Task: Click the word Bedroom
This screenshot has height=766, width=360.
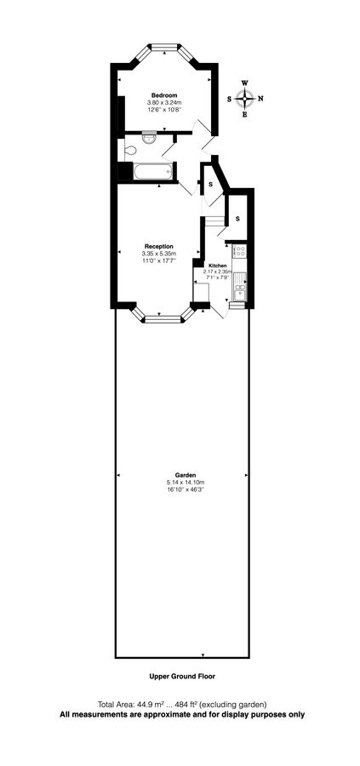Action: (164, 94)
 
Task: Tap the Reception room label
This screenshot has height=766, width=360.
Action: (159, 246)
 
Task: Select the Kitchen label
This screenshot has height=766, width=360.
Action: (217, 266)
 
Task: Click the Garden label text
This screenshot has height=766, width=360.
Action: (186, 474)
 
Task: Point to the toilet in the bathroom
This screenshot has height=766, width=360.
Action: (129, 151)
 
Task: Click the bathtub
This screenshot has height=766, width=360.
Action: (153, 170)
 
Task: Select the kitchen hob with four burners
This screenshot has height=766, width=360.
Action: (239, 250)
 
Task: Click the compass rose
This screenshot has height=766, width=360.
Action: (244, 98)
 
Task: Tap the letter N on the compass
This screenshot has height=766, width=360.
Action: (260, 98)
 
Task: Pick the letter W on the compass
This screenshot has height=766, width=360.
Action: (245, 83)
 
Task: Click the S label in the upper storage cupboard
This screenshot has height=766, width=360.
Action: (210, 184)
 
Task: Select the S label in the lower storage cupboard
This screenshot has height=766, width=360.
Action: (237, 219)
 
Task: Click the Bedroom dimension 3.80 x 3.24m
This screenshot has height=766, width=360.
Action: (164, 103)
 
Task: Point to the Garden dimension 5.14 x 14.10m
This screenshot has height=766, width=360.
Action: (186, 483)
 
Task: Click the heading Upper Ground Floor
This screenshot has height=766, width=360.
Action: (182, 677)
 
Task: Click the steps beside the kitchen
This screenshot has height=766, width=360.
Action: (213, 222)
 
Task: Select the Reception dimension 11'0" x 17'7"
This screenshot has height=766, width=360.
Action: (159, 261)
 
